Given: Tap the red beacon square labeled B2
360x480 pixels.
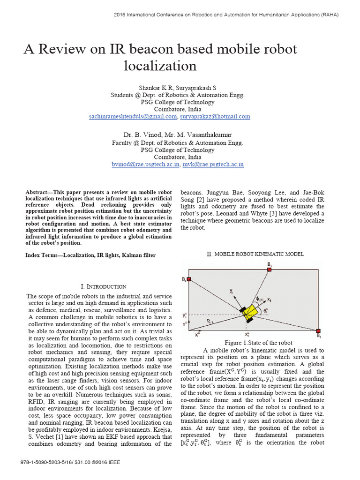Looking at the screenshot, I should coord(188,280).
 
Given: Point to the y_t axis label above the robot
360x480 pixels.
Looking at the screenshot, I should coord(231,291).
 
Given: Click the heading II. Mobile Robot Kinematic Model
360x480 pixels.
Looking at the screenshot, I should coord(255,254).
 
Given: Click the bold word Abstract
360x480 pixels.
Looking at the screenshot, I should coord(38,193).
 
